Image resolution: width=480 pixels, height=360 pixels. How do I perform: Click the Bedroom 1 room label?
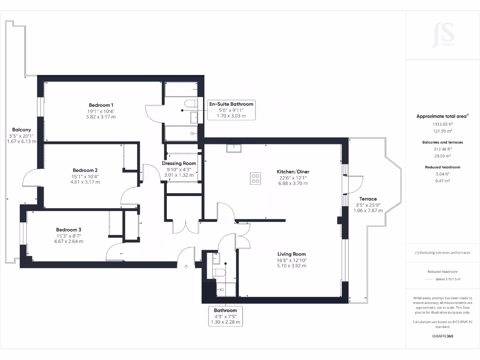(101, 105)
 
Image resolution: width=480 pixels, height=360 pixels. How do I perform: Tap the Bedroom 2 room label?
(85, 170)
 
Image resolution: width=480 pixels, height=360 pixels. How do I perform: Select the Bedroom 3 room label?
(69, 230)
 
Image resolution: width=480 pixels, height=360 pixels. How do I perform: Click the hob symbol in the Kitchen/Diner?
(255, 178)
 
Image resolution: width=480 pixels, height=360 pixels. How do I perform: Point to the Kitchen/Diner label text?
(293, 172)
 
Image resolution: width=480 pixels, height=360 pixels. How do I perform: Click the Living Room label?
(291, 254)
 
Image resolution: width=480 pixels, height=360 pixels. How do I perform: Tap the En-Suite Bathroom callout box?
(231, 110)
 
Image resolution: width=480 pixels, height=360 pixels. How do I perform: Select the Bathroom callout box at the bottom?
(225, 316)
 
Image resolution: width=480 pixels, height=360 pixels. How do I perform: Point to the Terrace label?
(368, 199)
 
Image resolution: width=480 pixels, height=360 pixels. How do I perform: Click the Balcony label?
(22, 130)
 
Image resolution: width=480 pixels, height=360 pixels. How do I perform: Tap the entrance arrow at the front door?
(186, 268)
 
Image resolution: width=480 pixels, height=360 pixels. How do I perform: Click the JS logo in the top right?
(442, 35)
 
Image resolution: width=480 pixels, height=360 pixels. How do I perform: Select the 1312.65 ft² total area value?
(442, 124)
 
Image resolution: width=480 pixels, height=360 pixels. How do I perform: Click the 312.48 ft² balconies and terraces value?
(442, 149)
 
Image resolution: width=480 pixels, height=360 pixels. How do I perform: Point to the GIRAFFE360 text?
(442, 336)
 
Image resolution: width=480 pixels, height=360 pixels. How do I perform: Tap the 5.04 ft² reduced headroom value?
(442, 174)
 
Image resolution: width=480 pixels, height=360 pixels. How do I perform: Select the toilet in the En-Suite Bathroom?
(190, 104)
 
